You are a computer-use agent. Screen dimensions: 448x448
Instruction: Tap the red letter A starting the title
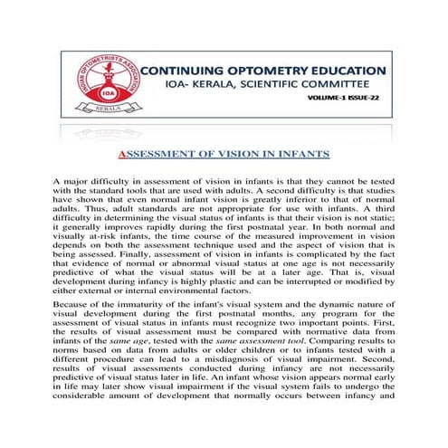pos(125,153)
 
